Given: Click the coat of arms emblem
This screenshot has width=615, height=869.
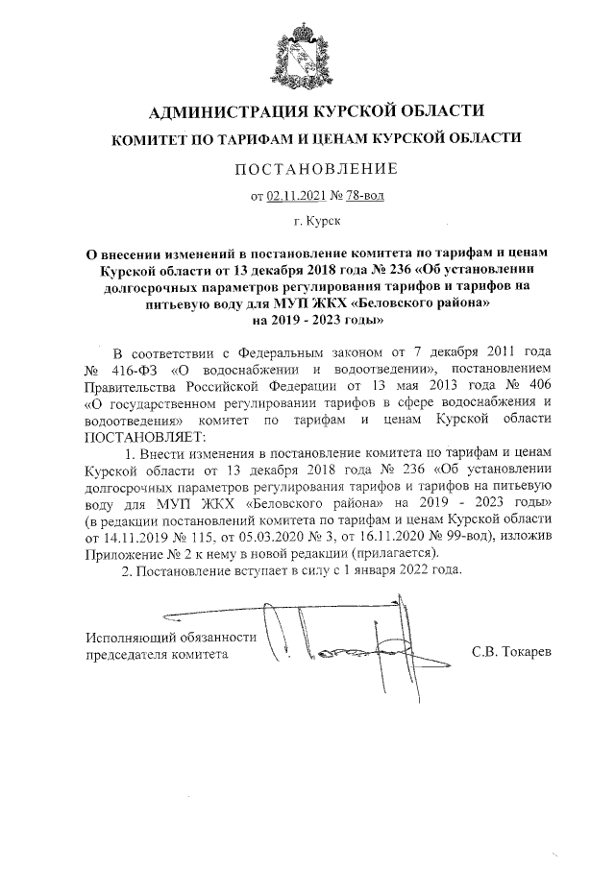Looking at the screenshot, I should pyautogui.click(x=307, y=53).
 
